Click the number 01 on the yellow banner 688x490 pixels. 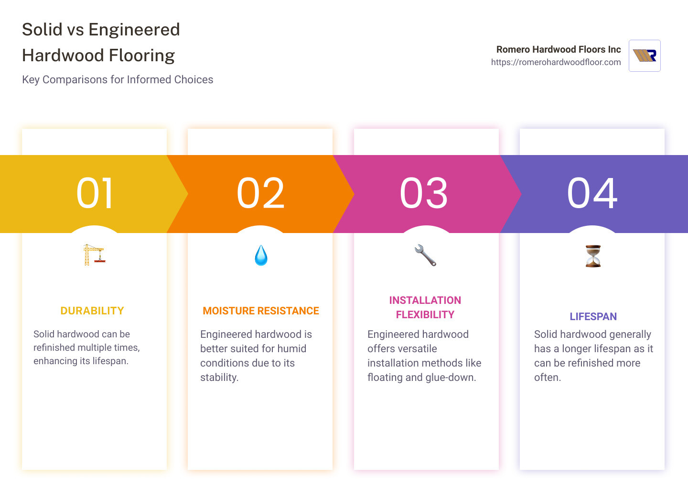tap(95, 193)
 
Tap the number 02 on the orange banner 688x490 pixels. tap(261, 193)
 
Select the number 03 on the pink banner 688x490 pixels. tap(424, 193)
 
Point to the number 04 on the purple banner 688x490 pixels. tap(592, 193)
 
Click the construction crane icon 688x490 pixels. tap(94, 255)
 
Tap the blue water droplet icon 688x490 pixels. tap(261, 256)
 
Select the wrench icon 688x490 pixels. tap(425, 255)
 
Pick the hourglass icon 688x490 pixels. tap(593, 256)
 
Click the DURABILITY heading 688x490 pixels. tap(92, 311)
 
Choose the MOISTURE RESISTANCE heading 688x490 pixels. tap(261, 311)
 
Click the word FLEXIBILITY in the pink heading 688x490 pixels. tap(425, 315)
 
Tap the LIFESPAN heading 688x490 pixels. tap(593, 317)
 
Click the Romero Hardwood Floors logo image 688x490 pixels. tap(645, 56)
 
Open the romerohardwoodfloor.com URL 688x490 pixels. tap(556, 62)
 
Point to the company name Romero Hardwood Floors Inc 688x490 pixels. tap(559, 49)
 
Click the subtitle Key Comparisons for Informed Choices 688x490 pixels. tap(118, 79)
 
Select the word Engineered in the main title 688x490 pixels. tap(134, 30)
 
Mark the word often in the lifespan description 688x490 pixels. tap(547, 378)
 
